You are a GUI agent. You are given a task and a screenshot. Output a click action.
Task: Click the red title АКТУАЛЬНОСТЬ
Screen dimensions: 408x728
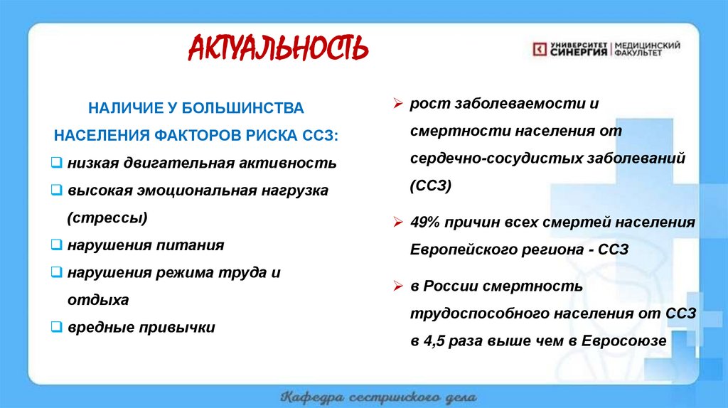click(x=278, y=48)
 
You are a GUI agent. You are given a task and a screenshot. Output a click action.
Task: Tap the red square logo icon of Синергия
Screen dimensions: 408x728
click(x=540, y=48)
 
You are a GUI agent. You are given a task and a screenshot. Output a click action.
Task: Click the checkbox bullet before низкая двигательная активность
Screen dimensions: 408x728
click(x=58, y=163)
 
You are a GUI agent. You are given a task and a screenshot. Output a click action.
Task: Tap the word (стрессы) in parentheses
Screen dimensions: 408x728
click(x=107, y=218)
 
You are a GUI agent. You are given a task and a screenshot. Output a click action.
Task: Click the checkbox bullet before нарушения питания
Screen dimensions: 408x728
click(x=58, y=245)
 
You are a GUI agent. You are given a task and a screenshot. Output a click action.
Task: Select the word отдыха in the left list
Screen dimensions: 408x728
click(x=98, y=300)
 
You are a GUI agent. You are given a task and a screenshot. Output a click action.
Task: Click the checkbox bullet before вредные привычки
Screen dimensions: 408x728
click(x=58, y=328)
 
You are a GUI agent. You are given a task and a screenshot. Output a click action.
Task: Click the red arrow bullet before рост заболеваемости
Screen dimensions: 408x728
click(x=399, y=104)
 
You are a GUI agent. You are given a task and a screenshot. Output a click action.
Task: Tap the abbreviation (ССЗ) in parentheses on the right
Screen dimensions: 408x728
click(x=431, y=186)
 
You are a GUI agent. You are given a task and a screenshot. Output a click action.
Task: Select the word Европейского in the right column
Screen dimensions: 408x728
click(x=454, y=249)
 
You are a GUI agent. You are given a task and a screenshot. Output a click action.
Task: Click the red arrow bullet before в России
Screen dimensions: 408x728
click(x=399, y=286)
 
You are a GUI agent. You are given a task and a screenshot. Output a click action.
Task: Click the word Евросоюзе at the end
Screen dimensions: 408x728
click(x=623, y=340)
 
